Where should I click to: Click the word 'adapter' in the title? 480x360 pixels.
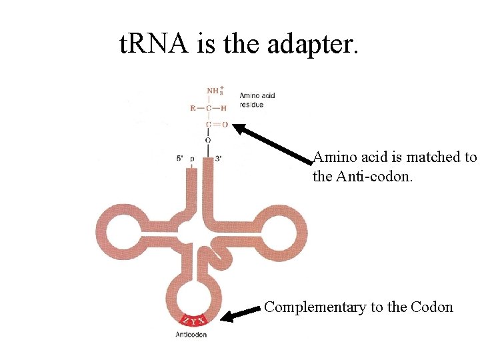click(314, 45)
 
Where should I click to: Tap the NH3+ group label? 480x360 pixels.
click(215, 91)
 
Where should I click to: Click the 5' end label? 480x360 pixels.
click(180, 159)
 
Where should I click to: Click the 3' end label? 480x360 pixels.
click(219, 159)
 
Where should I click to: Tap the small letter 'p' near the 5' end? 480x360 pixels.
click(192, 159)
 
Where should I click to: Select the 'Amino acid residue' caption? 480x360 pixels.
click(257, 100)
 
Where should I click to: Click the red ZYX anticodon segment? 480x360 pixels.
click(191, 320)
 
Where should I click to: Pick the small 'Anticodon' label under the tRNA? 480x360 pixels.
click(191, 334)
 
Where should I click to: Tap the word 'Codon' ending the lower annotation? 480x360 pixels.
click(433, 307)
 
